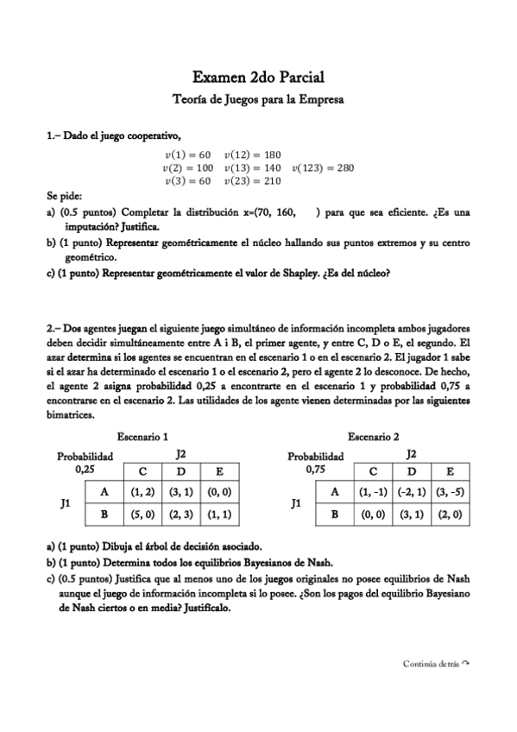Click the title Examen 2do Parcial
tap(258, 79)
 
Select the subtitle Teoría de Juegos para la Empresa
tap(258, 100)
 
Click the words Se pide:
tap(64, 196)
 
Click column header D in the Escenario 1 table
tap(180, 471)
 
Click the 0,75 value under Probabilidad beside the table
tap(315, 470)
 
